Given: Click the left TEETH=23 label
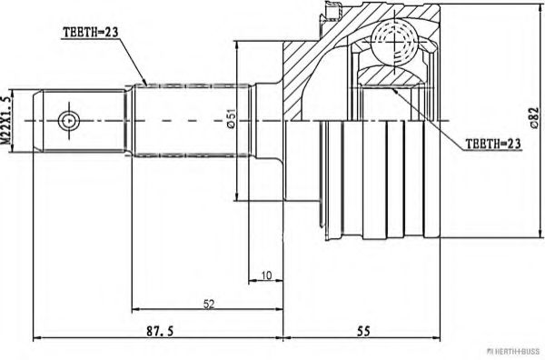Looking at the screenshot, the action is [x=90, y=32].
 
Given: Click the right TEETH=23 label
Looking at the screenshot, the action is [x=493, y=143].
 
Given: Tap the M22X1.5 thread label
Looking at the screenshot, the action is [x=6, y=121].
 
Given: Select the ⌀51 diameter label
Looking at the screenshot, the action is [x=231, y=118].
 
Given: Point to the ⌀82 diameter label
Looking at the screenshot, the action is [x=534, y=118].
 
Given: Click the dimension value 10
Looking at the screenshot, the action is [x=266, y=275].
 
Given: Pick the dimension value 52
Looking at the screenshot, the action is [x=209, y=304].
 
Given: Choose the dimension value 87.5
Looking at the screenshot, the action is [x=159, y=331].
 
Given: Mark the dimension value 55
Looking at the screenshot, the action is [x=363, y=331].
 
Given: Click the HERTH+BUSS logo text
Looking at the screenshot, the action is [x=515, y=351].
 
